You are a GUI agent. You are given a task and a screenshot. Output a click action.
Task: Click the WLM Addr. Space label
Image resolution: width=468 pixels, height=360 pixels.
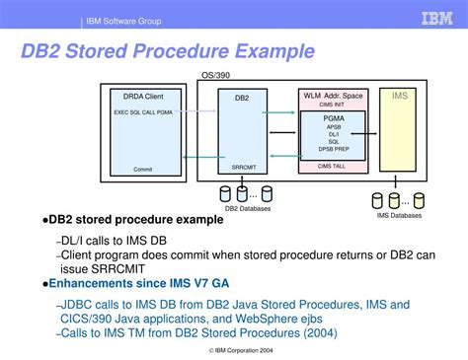[x=332, y=96]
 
